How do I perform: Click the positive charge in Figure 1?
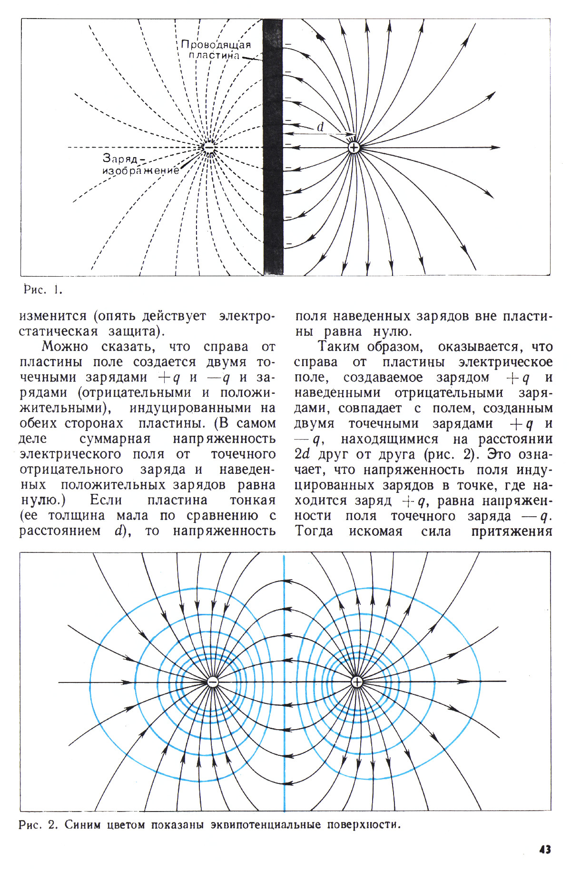tap(354, 148)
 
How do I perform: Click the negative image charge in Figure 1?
tap(209, 148)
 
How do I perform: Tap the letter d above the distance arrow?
tap(320, 127)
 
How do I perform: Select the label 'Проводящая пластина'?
tap(216, 50)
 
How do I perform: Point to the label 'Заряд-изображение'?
tap(141, 164)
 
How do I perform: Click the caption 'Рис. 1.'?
tap(43, 290)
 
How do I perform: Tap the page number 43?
tap(545, 849)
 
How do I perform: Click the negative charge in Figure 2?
tap(213, 682)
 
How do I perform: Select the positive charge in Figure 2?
tap(357, 682)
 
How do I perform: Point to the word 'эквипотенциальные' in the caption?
tap(266, 824)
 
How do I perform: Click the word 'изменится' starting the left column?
tap(53, 316)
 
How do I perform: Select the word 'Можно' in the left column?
tap(64, 347)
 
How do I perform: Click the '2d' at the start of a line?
tap(302, 454)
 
